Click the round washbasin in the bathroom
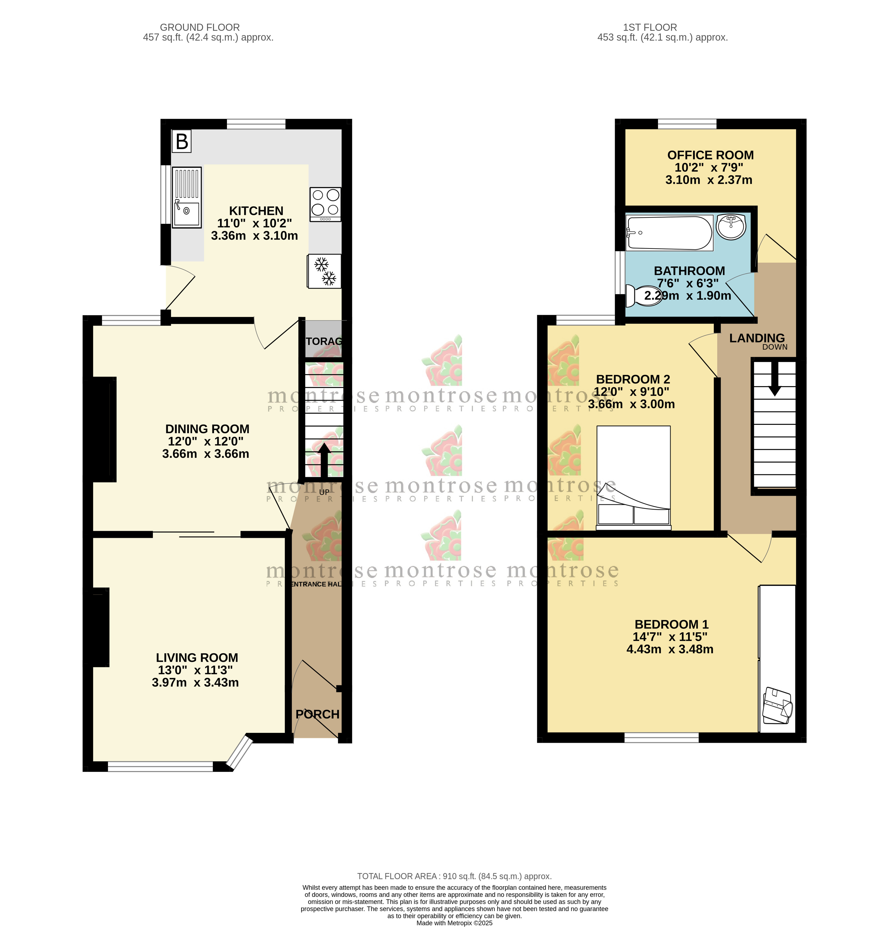(731, 226)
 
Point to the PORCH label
(317, 714)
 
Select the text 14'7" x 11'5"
(669, 637)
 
